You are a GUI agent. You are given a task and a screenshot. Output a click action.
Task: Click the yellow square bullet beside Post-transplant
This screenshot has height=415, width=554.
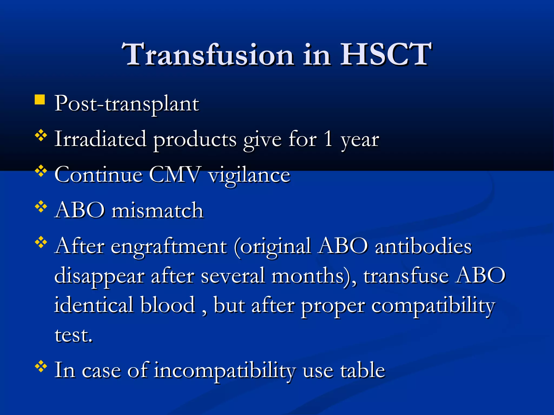40,99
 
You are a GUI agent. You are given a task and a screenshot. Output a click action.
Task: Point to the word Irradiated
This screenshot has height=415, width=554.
100,139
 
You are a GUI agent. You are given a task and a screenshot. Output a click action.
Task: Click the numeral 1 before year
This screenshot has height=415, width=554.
328,139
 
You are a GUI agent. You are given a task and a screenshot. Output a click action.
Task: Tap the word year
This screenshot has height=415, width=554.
360,140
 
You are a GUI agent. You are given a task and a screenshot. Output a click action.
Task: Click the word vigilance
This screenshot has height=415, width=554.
249,176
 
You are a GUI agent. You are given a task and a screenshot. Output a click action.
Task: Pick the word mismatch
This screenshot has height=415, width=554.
157,210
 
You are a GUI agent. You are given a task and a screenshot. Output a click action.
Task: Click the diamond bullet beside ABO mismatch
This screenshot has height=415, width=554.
41,207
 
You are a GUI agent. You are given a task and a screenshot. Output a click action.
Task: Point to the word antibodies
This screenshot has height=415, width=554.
423,246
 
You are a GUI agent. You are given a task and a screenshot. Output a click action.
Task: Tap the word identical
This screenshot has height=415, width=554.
94,305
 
